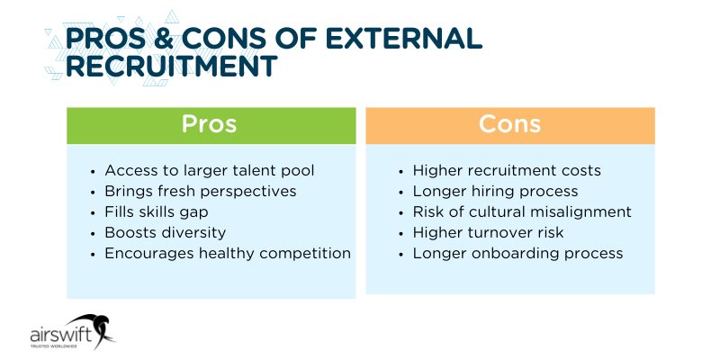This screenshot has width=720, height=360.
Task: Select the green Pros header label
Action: (209, 124)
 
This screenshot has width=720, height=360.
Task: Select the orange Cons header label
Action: (509, 124)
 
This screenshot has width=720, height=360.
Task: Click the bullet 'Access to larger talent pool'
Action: (210, 170)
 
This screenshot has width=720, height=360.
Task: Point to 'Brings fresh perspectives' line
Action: (200, 191)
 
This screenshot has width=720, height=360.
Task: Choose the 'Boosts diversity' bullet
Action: (165, 232)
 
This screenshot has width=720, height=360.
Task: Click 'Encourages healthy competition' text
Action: (227, 253)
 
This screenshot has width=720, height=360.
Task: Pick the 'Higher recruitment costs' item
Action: (507, 170)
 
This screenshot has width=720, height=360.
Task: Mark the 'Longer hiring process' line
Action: (495, 191)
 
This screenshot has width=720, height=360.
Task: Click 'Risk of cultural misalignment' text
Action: (522, 211)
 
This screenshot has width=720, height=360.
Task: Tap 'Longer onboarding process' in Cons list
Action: (517, 253)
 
